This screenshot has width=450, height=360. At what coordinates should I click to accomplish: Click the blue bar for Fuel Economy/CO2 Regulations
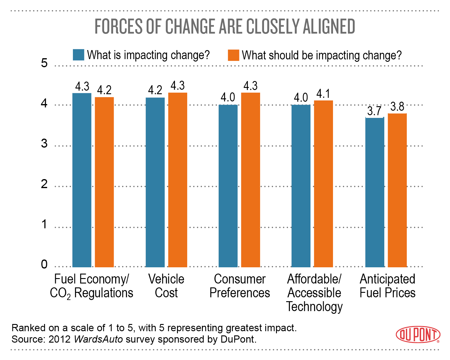tap(82, 180)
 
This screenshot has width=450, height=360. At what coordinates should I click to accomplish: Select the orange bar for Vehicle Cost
tap(178, 180)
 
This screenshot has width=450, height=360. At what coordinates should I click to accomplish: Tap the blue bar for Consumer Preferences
tap(228, 186)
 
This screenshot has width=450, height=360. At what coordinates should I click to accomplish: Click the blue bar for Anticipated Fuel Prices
tap(374, 192)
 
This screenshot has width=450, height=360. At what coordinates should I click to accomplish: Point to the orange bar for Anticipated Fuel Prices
tap(397, 190)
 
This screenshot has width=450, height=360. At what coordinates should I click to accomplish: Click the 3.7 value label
tap(374, 111)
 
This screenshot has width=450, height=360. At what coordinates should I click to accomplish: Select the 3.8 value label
tap(397, 107)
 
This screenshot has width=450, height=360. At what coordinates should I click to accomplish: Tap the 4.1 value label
tap(323, 94)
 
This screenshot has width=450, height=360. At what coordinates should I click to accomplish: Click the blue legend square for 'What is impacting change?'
tap(79, 55)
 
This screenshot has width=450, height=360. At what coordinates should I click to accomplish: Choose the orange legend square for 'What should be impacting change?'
tap(233, 55)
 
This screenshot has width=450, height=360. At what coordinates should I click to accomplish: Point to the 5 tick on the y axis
tap(44, 63)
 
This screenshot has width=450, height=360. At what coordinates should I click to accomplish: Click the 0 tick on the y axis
tap(44, 264)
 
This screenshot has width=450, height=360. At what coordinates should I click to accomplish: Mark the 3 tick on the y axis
tap(44, 143)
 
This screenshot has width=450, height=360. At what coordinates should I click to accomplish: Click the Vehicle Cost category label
tap(166, 286)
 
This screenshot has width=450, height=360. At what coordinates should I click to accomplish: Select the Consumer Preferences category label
tap(240, 286)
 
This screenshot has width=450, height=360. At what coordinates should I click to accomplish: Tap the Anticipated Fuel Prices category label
tap(387, 286)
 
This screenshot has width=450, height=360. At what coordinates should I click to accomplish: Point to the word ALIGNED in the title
tap(329, 26)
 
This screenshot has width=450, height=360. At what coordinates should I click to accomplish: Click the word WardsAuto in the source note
tap(98, 339)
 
